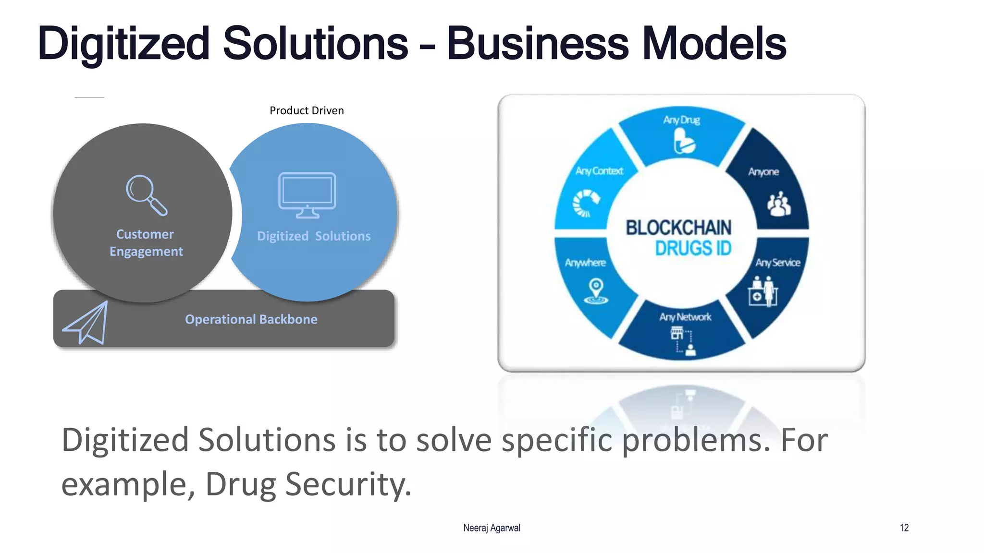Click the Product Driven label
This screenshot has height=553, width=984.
pos(307,111)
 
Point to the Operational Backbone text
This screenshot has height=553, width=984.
pos(251,320)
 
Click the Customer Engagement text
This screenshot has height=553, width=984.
pos(146,243)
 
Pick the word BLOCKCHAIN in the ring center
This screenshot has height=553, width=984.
pos(678,228)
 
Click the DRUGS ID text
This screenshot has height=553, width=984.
pos(693,249)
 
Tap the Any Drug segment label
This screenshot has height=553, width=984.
pos(681,120)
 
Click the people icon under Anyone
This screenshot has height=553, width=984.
pos(778,204)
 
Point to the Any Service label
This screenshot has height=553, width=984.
pos(777,263)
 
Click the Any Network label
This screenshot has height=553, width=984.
pos(685,317)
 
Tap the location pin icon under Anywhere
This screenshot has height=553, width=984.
pos(596,291)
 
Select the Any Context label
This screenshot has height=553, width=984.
pos(599,171)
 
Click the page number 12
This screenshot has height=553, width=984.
pos(904,528)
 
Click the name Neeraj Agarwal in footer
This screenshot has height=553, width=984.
pos(492,528)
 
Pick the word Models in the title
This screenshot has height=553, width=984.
pos(713,44)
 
